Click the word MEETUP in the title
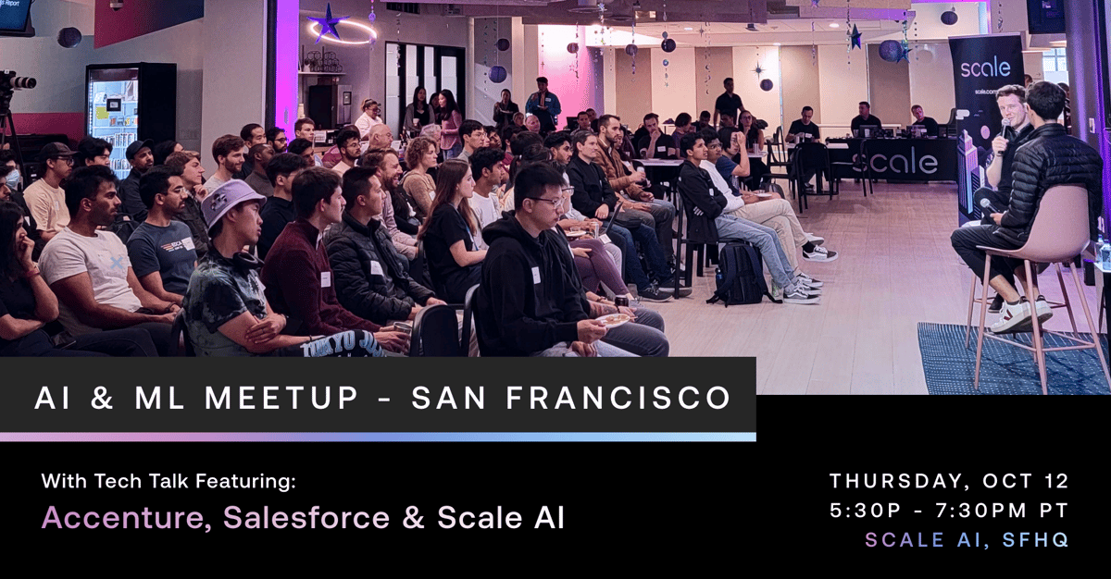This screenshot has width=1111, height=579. coord(281,398)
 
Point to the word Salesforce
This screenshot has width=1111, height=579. coord(306,518)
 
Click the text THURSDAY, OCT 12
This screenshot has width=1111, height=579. coord(949,481)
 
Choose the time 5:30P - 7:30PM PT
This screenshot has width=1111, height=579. coord(949,511)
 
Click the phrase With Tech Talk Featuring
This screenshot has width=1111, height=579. coord(169,481)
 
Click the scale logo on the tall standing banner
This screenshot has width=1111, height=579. coord(985,68)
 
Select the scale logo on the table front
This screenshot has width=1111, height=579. coord(894,163)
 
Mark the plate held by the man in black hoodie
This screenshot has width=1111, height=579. coord(612,319)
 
